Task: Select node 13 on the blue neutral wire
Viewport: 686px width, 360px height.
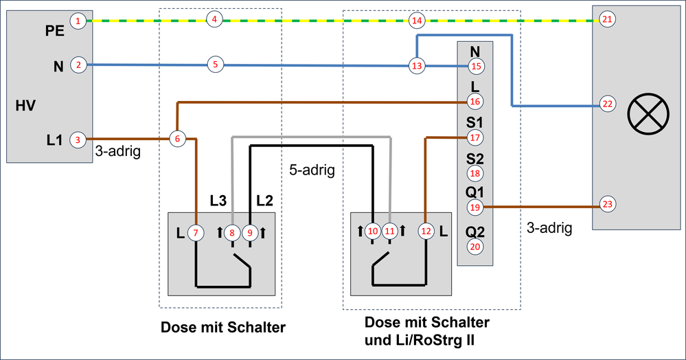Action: [x=417, y=66]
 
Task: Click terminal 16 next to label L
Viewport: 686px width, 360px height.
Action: [x=475, y=102]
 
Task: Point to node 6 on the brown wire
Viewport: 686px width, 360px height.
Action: [x=177, y=138]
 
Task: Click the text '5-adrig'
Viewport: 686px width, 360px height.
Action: [x=312, y=170]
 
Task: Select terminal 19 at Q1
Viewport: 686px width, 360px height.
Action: [x=475, y=207]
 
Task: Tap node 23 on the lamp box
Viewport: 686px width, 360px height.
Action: [x=606, y=204]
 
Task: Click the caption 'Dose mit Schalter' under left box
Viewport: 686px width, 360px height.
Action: [x=222, y=327]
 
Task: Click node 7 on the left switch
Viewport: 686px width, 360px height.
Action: [x=196, y=233]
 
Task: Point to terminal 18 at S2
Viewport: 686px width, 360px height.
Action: [x=475, y=174]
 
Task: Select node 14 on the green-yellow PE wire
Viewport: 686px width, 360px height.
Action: [x=417, y=21]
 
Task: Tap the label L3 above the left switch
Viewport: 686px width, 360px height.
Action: [x=218, y=201]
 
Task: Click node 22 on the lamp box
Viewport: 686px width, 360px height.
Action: [x=606, y=104]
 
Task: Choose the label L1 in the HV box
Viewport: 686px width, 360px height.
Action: [x=54, y=140]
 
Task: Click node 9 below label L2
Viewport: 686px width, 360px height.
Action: [x=250, y=233]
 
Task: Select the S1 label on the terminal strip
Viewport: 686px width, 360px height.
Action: [x=475, y=122]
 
